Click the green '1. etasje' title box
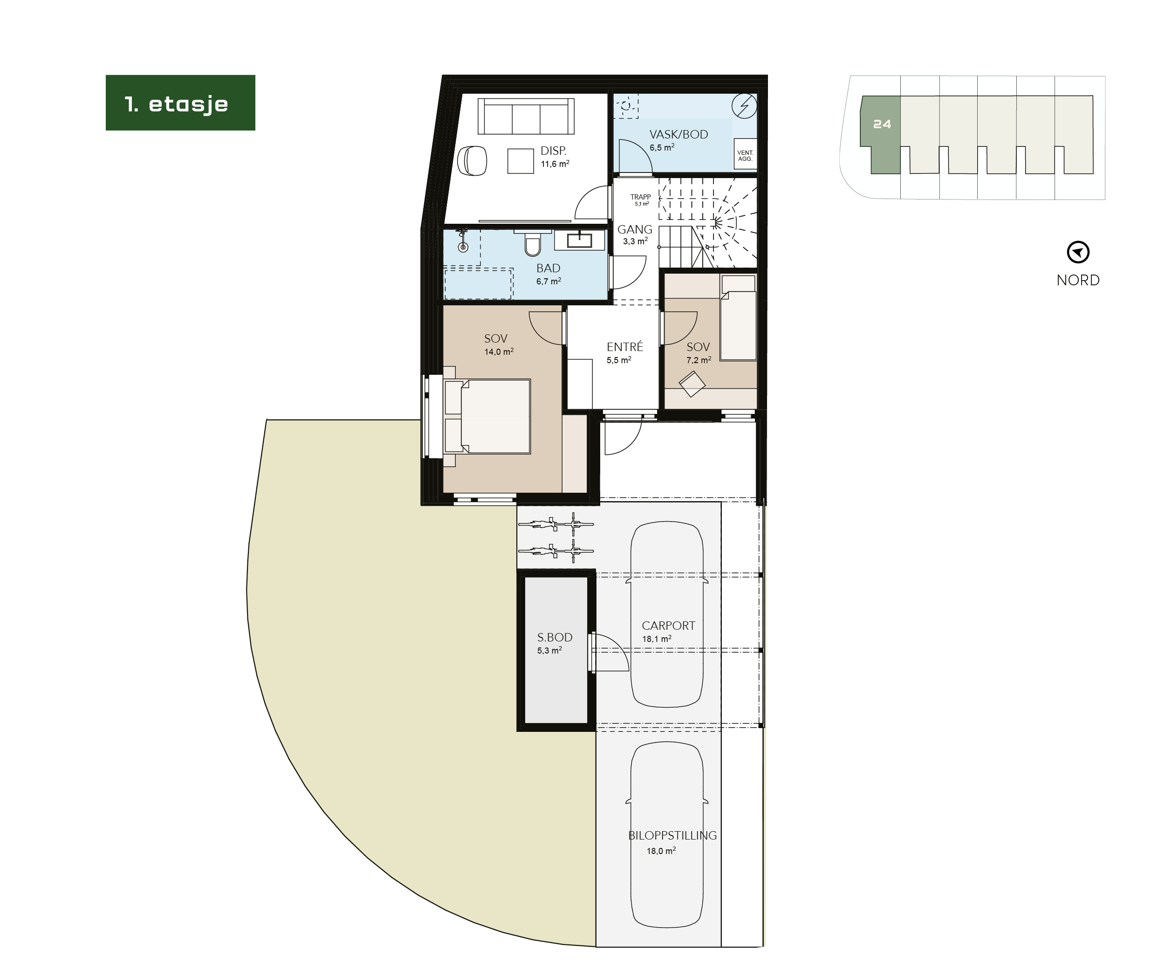(x=180, y=103)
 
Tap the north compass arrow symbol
(x=1078, y=253)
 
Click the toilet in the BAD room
(x=532, y=244)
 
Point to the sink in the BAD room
(x=580, y=240)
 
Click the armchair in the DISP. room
(x=473, y=161)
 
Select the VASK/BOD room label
(x=678, y=134)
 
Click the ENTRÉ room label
(x=624, y=347)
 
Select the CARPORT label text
(x=668, y=625)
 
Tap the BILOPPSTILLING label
(x=672, y=835)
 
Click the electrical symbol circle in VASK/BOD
(x=743, y=106)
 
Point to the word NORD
(x=1078, y=280)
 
